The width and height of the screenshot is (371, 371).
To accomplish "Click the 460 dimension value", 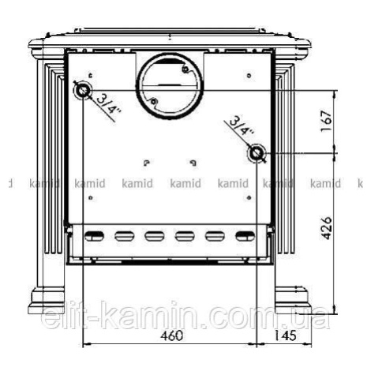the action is coord(172,335).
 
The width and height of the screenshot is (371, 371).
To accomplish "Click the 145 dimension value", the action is coord(285,335).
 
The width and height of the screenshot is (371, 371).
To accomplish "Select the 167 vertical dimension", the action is coord(326,122).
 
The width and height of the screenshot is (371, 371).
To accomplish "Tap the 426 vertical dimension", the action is coord(326,228).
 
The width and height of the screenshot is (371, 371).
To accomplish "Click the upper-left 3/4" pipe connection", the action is coord(83,91).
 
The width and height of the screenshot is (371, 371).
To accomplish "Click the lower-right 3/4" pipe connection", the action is coord(256,153).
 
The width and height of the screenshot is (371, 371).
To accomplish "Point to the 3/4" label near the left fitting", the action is coord(108,106).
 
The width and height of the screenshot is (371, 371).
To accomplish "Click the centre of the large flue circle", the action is coord(170,85).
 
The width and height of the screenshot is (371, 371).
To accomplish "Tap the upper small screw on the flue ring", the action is coord(185,69).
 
